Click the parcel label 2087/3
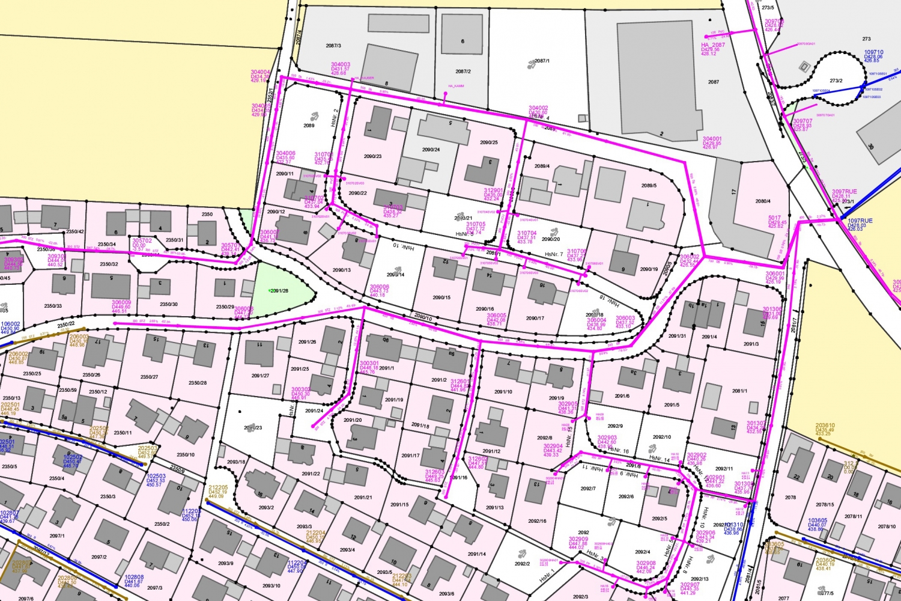[333, 46]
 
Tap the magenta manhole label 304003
[341, 65]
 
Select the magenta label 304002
[538, 108]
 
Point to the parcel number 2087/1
[542, 61]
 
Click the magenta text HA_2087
[713, 45]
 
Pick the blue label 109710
[874, 52]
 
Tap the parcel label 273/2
[836, 81]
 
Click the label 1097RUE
[860, 221]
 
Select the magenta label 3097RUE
[845, 192]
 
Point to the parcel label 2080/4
[763, 201]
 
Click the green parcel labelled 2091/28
[280, 291]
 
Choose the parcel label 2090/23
[372, 156]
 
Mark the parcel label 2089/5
[649, 186]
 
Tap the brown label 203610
[825, 426]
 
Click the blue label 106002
[10, 324]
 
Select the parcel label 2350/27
[149, 377]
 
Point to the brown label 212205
[218, 487]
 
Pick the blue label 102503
[156, 476]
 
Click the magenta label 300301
[369, 363]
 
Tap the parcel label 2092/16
[537, 521]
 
